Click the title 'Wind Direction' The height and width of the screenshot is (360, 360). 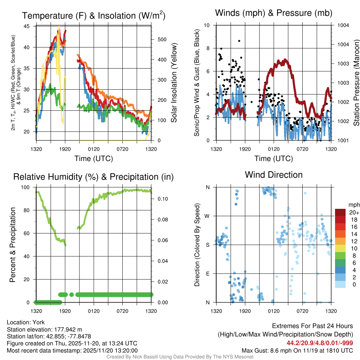click(x=274, y=175)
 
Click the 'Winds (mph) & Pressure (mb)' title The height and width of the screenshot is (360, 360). click(x=274, y=13)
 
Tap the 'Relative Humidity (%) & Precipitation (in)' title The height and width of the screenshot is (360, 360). click(x=94, y=177)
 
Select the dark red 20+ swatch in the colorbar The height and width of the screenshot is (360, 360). click(x=341, y=212)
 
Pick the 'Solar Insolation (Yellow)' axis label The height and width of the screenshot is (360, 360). click(x=174, y=83)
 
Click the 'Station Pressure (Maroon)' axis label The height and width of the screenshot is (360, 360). click(x=356, y=83)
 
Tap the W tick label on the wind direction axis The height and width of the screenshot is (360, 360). click(x=208, y=216)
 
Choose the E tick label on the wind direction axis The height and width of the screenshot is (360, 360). click(x=208, y=274)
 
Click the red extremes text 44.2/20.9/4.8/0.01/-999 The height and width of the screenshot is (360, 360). click(x=320, y=343)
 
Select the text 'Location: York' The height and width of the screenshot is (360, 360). click(x=26, y=322)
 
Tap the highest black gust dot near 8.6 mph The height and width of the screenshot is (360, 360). click(x=239, y=41)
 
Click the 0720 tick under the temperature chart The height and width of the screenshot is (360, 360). click(x=122, y=149)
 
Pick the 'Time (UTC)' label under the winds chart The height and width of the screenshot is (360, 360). click(x=274, y=159)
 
